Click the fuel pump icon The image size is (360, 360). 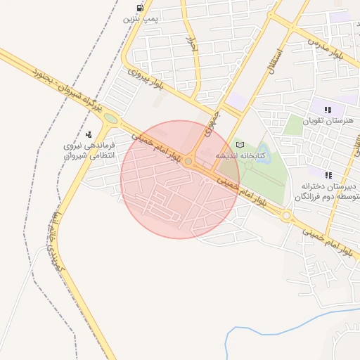coord(141,8)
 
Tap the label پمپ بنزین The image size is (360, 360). coord(141,20)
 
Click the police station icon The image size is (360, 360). coord(89,134)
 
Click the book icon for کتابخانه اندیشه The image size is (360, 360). coord(240,144)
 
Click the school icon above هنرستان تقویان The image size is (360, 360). coord(328,109)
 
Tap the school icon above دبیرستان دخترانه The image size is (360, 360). coord(328,174)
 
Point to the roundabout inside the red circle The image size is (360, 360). coord(188,162)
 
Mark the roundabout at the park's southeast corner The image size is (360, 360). coord(286,217)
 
